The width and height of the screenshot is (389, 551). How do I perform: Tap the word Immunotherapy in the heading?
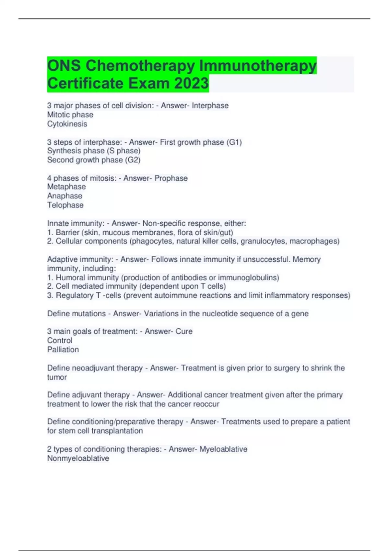click(258, 65)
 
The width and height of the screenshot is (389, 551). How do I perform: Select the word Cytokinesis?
click(67, 124)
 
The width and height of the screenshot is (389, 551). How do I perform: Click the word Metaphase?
click(66, 187)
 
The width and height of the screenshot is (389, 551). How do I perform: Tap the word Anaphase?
click(65, 196)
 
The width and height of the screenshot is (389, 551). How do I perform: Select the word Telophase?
click(65, 205)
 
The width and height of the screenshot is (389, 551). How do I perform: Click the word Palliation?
click(63, 349)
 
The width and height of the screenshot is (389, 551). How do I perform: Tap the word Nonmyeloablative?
click(78, 458)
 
